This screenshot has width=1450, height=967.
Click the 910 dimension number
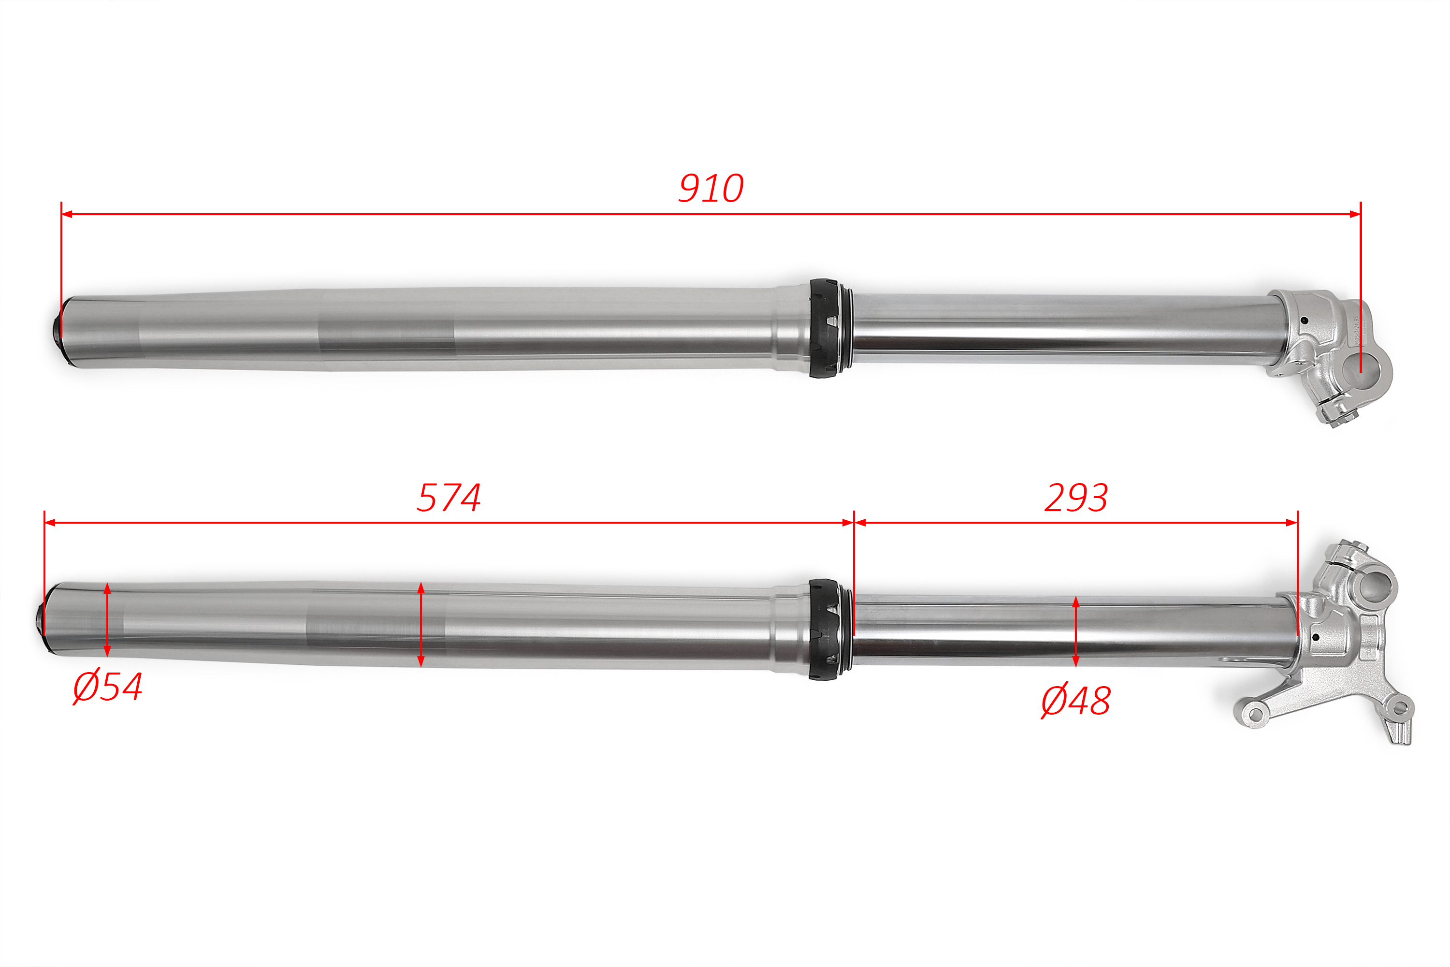[x=711, y=188]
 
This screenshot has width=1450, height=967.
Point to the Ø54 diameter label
[x=108, y=687]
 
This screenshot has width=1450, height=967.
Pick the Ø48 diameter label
[x=1076, y=701]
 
